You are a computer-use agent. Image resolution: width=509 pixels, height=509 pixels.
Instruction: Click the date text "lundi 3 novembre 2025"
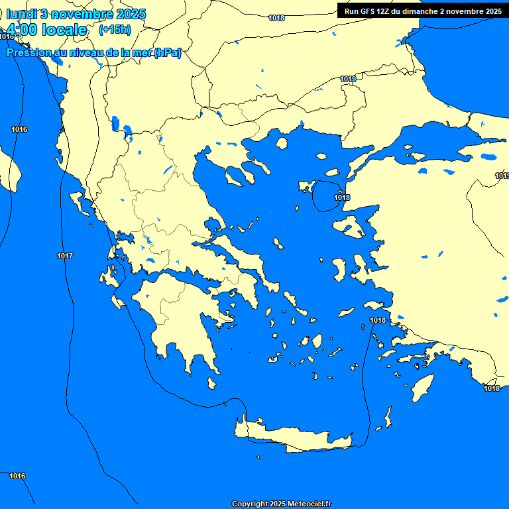click(x=76, y=14)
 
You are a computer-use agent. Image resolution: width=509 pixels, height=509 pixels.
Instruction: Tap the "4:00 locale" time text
click(x=46, y=30)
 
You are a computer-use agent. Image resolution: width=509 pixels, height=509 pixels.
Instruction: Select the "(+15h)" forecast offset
click(x=115, y=30)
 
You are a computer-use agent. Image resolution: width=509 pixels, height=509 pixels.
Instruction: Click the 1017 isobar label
click(x=65, y=256)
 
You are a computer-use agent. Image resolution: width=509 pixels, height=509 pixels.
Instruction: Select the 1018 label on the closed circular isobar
click(x=342, y=198)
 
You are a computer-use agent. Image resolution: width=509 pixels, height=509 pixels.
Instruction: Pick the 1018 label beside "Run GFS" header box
click(x=276, y=18)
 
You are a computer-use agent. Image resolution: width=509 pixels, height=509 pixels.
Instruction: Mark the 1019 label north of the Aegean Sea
click(x=348, y=79)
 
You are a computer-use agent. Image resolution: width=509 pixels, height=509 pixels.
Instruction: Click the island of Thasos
click(x=282, y=143)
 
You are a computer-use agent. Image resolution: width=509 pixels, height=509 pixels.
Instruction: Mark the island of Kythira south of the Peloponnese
click(x=212, y=384)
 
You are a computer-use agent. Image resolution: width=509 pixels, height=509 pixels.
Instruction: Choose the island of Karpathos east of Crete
click(x=387, y=418)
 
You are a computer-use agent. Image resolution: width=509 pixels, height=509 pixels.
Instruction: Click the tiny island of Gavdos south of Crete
click(x=258, y=457)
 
